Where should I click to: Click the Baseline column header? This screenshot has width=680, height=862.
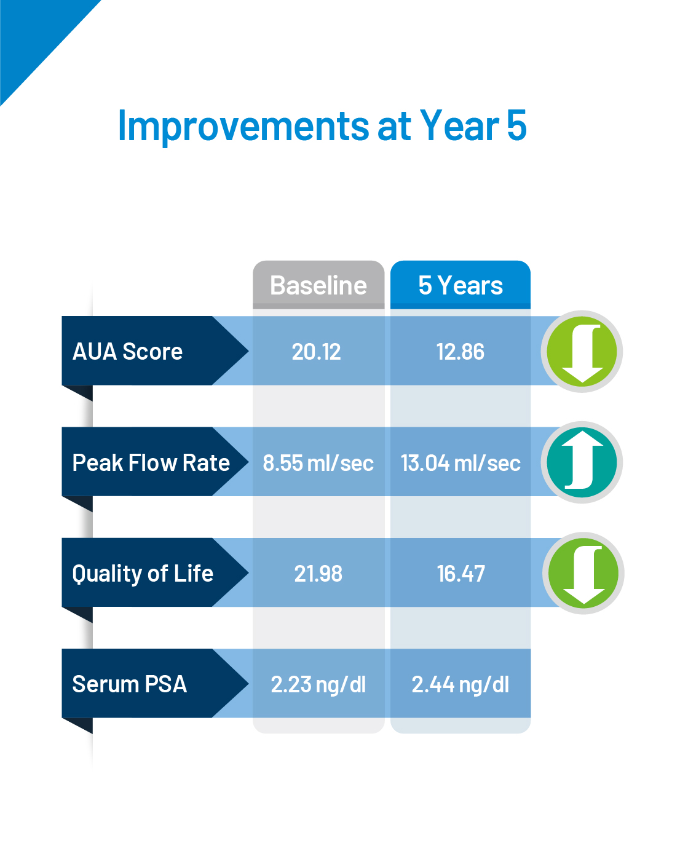pos(318,285)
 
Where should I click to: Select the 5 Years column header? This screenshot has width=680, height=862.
pos(461,285)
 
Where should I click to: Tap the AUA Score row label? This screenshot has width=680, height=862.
pos(127,351)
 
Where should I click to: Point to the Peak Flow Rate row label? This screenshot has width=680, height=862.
pos(151,462)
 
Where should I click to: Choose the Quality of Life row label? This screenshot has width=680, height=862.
pos(143,574)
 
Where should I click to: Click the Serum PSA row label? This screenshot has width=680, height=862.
pos(130,684)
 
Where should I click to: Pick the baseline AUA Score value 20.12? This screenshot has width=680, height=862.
pos(316,352)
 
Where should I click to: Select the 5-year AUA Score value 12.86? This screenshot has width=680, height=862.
pos(461,352)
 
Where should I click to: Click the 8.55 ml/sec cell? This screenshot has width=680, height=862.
pos(318,462)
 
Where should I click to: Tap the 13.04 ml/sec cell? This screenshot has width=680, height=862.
pos(461,462)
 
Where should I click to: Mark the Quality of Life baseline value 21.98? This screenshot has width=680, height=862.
pos(318,573)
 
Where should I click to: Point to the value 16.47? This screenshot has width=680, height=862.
pos(461,573)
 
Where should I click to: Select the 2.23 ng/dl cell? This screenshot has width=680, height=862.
pos(318,684)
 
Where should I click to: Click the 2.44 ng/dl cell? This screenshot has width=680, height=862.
pos(461,684)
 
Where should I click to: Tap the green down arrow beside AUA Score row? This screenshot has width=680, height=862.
pos(582,351)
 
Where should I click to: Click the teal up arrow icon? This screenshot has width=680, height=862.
pos(582,462)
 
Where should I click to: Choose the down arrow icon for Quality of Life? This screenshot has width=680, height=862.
pos(583,573)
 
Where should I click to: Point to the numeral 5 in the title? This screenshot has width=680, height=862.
pos(516,125)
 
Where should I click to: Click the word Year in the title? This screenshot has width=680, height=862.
pos(459,125)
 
